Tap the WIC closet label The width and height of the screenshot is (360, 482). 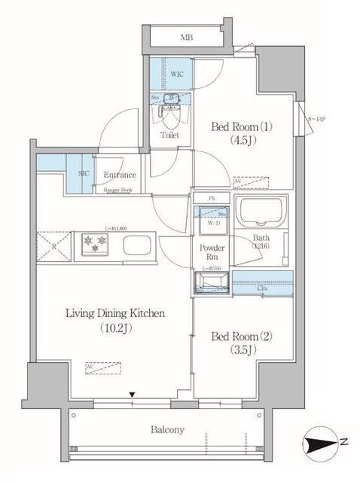[178, 75]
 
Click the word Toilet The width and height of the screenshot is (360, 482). [170, 136]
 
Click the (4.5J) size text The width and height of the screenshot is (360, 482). [230, 139]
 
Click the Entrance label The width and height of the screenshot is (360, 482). [119, 175]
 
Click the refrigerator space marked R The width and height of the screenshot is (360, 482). [53, 246]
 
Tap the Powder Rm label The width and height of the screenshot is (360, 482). [209, 252]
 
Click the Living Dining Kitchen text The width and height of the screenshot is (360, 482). [114, 313]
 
